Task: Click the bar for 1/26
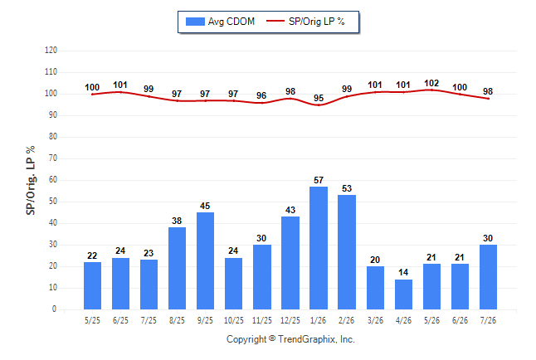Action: [319, 248]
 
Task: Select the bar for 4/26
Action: [403, 294]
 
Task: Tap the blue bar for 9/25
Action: [205, 260]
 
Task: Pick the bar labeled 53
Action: [347, 252]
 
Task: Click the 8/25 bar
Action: [177, 269]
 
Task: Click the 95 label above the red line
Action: [319, 98]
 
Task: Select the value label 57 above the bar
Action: [319, 180]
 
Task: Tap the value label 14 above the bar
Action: [403, 272]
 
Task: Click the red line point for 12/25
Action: [290, 99]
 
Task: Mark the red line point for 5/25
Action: [92, 95]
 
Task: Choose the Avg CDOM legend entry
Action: [220, 22]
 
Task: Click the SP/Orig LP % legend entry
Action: [305, 22]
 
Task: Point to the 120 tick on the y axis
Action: [51, 51]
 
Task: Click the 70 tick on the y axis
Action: [53, 158]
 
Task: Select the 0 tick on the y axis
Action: [55, 309]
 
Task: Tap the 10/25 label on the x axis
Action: [234, 320]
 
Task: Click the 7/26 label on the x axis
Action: [488, 320]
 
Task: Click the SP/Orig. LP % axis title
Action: [31, 181]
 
